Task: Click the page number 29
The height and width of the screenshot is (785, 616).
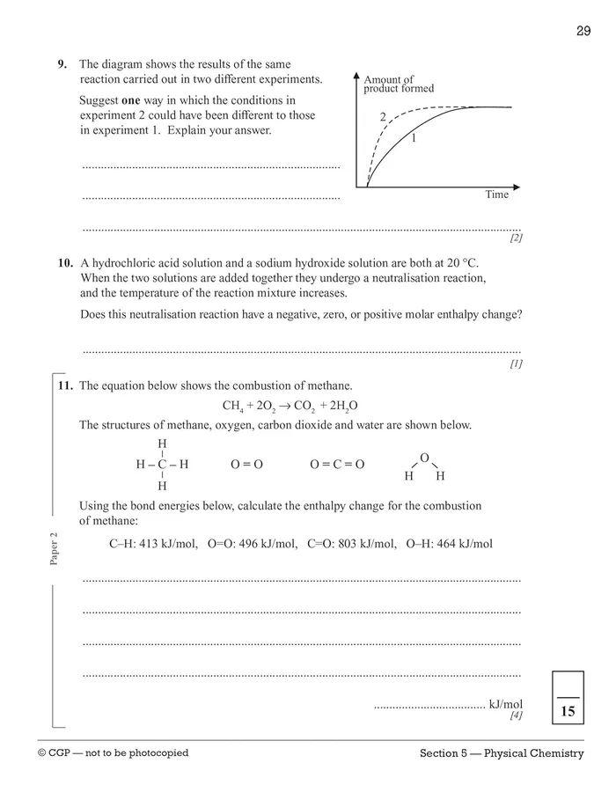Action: coord(583,32)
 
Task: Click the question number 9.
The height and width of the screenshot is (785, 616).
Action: coord(62,64)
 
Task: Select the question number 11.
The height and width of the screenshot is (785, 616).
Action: coord(64,385)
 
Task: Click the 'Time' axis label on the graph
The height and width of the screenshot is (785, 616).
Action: coord(496,194)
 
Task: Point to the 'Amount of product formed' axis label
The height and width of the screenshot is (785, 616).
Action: coord(398,84)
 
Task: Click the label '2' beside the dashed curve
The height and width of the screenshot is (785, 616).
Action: coord(383,117)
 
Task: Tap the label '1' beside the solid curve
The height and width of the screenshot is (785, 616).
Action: coord(413,138)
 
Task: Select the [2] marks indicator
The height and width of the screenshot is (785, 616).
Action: coord(516,238)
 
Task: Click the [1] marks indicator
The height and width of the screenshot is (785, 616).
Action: coord(516,363)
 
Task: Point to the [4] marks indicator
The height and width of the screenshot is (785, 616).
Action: coord(516,715)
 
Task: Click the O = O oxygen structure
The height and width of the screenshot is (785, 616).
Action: coord(246,464)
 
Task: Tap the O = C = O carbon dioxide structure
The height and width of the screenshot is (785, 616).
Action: coord(337,464)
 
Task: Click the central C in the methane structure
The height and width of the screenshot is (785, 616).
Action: coord(162,464)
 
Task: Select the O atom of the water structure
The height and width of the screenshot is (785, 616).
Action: coord(424,458)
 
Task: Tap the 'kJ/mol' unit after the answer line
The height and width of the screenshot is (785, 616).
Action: coord(506,704)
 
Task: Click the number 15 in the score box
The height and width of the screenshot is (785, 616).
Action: coord(568,711)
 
